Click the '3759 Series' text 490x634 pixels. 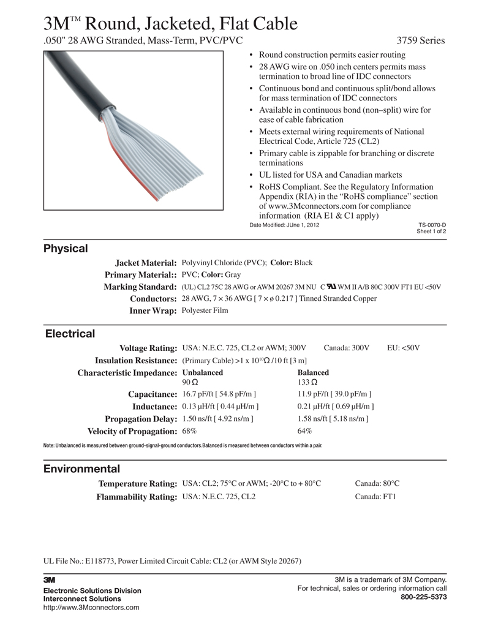tap(420, 41)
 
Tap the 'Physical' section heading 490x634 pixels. tap(66, 249)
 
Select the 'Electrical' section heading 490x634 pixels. tap(70, 334)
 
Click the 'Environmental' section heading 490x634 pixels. tap(81, 469)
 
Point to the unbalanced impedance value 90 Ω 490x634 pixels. tap(189, 382)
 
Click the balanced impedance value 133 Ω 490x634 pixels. tap(307, 382)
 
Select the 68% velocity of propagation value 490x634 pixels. tap(189, 431)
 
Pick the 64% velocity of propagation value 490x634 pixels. tap(304, 431)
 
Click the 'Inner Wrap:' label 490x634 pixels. tap(153, 311)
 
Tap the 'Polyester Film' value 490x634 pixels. tap(205, 311)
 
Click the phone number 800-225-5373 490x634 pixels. tap(423, 597)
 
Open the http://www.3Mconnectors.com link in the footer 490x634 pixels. tap(91, 608)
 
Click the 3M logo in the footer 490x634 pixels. tap(50, 579)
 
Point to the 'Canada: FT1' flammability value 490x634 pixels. tap(375, 497)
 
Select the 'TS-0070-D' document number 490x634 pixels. tap(432, 225)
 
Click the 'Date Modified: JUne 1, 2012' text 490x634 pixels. tap(284, 225)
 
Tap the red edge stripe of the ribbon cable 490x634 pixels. tap(144, 192)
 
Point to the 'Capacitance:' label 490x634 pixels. tap(152, 394)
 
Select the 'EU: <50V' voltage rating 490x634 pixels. tap(403, 348)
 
